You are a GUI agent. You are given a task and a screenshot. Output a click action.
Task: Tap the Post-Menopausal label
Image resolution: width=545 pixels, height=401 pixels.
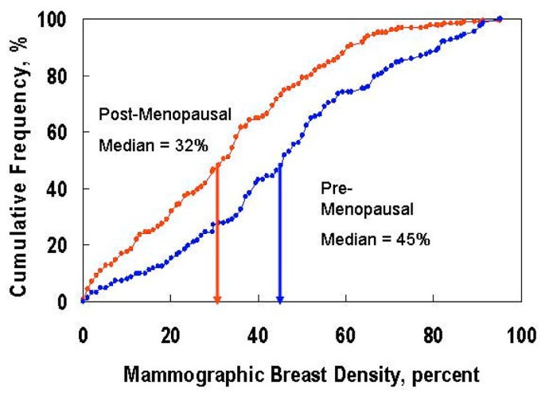pyautogui.click(x=165, y=115)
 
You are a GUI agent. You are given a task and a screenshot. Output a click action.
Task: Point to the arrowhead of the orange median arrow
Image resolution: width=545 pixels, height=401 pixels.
pyautogui.click(x=216, y=299)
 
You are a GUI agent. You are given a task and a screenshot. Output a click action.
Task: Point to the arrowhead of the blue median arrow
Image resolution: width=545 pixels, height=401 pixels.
pyautogui.click(x=279, y=299)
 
